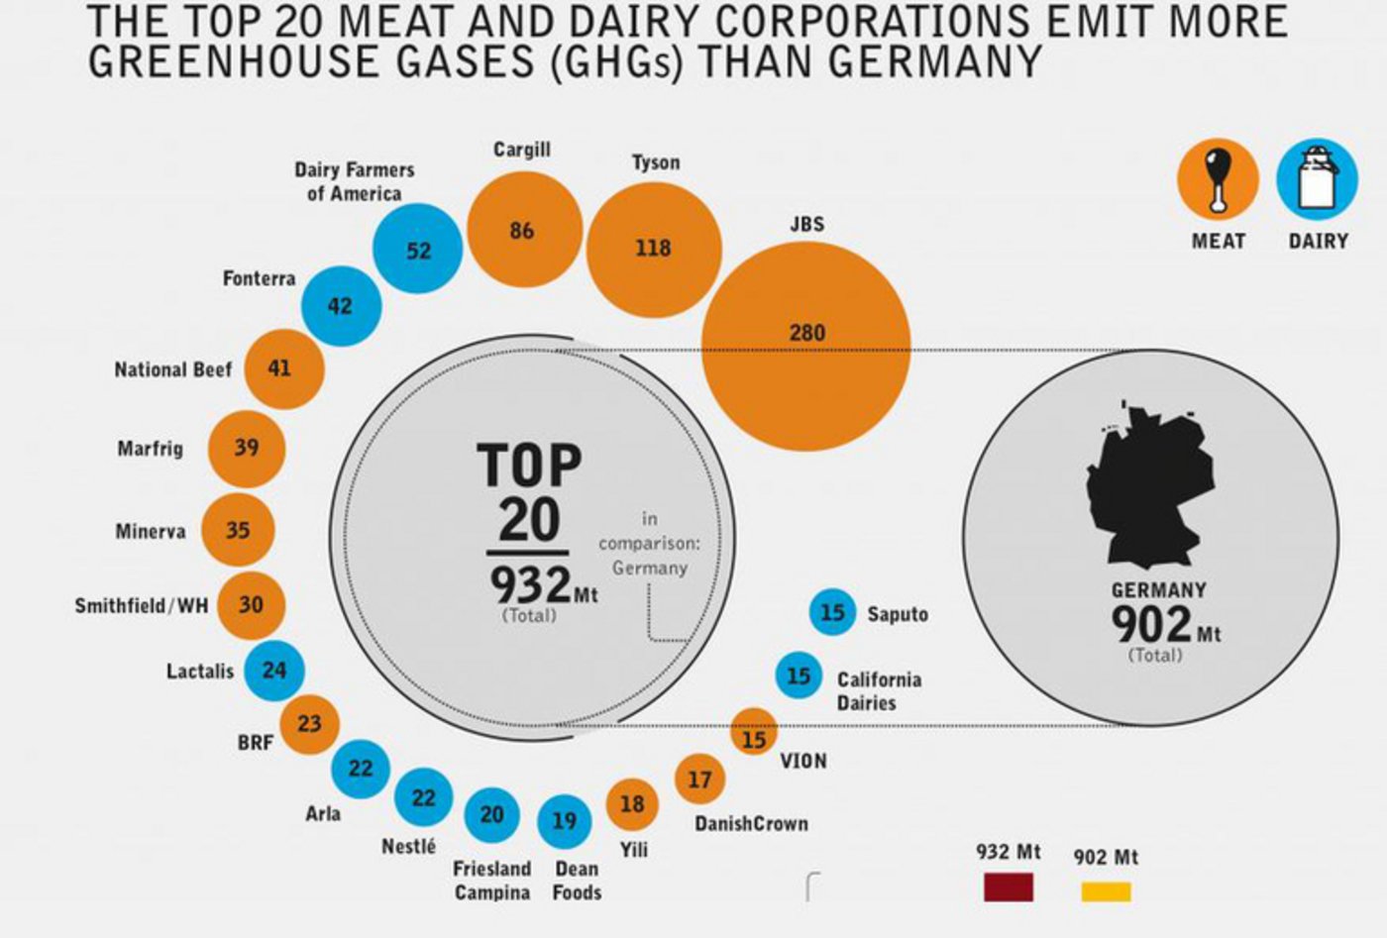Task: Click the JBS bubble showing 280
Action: [805, 347]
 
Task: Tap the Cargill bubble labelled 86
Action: [522, 231]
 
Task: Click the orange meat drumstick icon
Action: [1218, 179]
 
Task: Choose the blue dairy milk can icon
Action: [1317, 179]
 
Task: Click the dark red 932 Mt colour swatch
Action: [1009, 886]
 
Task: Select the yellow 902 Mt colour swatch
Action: [1106, 891]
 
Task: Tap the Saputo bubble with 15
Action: [832, 613]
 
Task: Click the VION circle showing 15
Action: [754, 736]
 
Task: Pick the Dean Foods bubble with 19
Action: [565, 821]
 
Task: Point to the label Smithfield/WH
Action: [142, 605]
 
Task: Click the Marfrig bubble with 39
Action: [247, 448]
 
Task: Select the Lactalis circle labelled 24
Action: [273, 671]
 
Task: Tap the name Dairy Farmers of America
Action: [354, 181]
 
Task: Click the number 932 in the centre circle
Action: [531, 585]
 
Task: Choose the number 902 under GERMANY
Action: [1151, 624]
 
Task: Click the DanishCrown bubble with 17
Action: [699, 780]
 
